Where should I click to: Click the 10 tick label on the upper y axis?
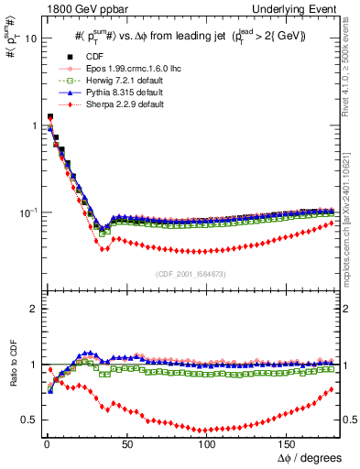click(x=27, y=39)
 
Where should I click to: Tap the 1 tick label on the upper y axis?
click(x=30, y=125)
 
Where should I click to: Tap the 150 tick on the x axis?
click(x=287, y=443)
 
